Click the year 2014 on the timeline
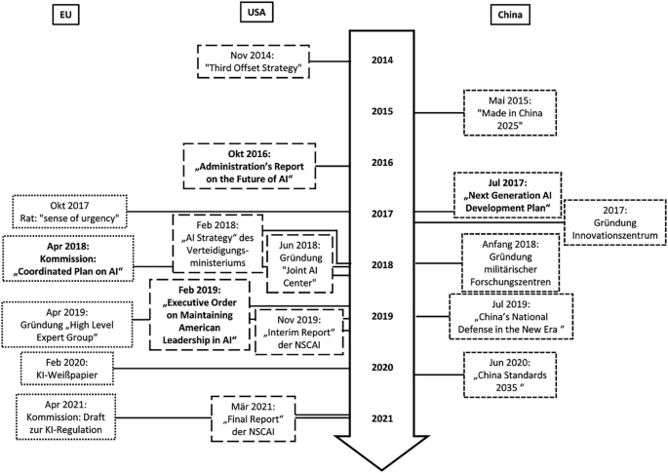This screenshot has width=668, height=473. pos(382,60)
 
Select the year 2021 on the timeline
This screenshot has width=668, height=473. pos(382,418)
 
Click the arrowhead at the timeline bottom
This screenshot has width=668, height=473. pos(382,450)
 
